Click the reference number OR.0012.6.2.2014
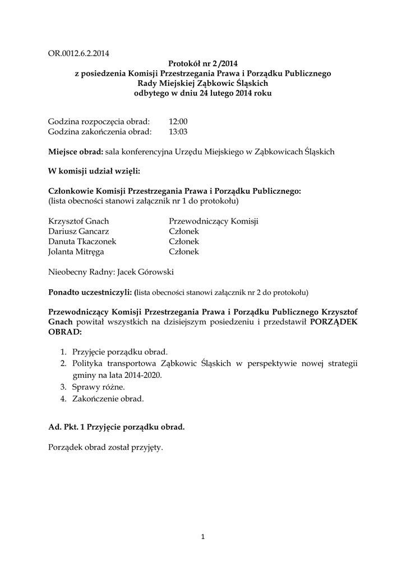[x=79, y=54]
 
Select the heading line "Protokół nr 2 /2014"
[x=203, y=64]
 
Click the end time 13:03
[x=178, y=132]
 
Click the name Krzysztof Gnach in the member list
[x=79, y=222]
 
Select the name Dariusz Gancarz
[x=79, y=232]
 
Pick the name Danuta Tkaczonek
[x=82, y=242]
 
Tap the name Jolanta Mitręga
[x=76, y=252]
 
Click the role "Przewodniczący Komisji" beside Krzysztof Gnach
[x=214, y=222]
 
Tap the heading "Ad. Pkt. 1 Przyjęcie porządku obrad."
[x=117, y=427]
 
